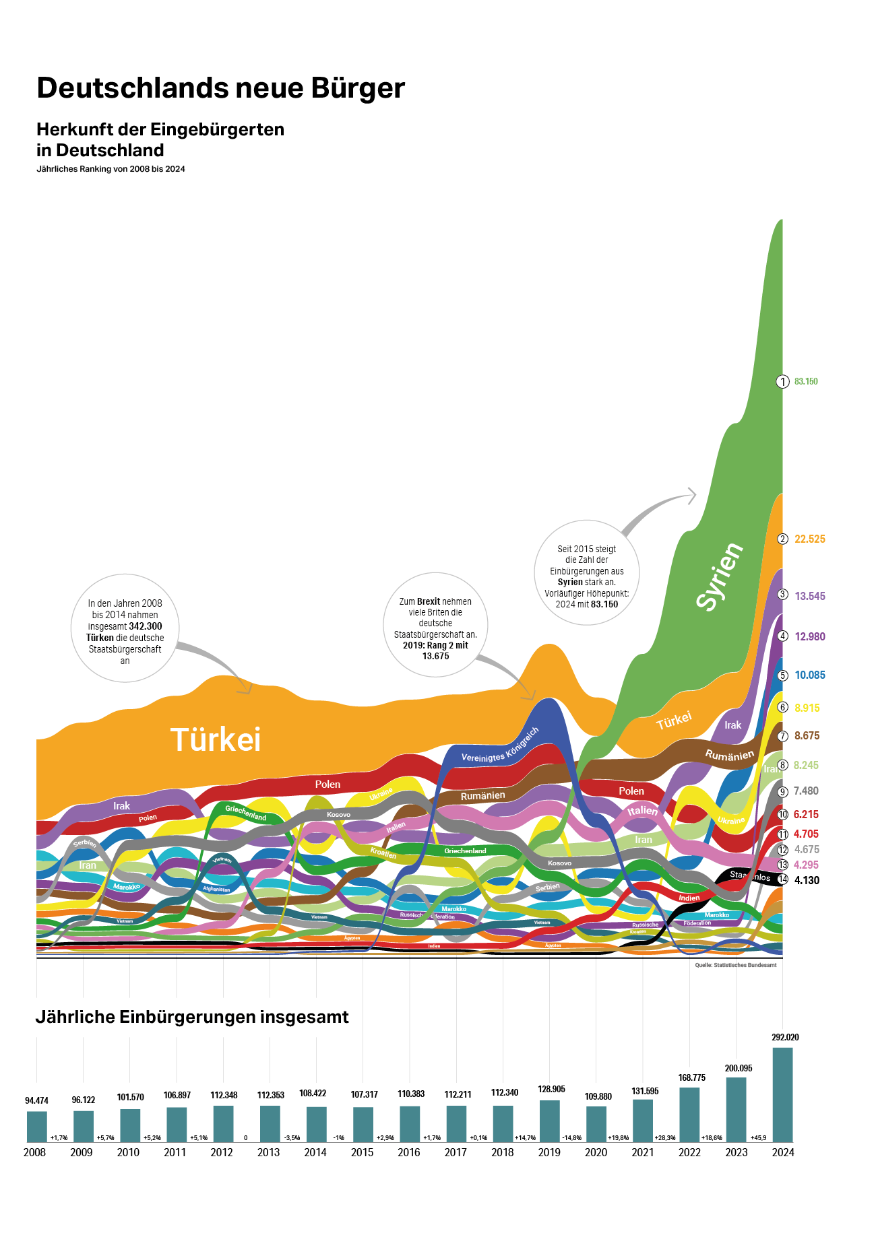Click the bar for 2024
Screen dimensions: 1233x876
pos(782,1094)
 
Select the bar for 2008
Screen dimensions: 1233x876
pos(37,1126)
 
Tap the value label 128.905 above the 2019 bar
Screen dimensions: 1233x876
pos(551,1089)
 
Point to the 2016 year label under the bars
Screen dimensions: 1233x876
pos(409,1152)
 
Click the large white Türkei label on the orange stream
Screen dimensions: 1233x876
pos(216,739)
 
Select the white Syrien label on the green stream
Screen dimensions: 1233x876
pos(720,576)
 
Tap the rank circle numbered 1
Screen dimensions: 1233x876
pos(782,382)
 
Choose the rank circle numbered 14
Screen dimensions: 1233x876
pos(782,879)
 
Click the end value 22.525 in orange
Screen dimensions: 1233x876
pos(809,539)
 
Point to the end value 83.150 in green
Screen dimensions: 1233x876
pos(806,382)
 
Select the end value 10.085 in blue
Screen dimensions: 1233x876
pos(809,675)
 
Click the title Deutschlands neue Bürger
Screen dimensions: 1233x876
pos(220,88)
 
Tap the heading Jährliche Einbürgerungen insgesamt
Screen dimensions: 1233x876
pos(192,1017)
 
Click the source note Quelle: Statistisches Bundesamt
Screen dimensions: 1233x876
pos(735,965)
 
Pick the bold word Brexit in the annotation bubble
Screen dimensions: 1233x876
pos(429,601)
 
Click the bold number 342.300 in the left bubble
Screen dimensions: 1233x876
pos(145,626)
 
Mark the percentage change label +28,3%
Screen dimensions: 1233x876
pos(665,1137)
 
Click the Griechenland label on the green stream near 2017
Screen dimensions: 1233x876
pos(465,851)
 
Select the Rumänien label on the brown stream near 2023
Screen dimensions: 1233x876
pos(729,756)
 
